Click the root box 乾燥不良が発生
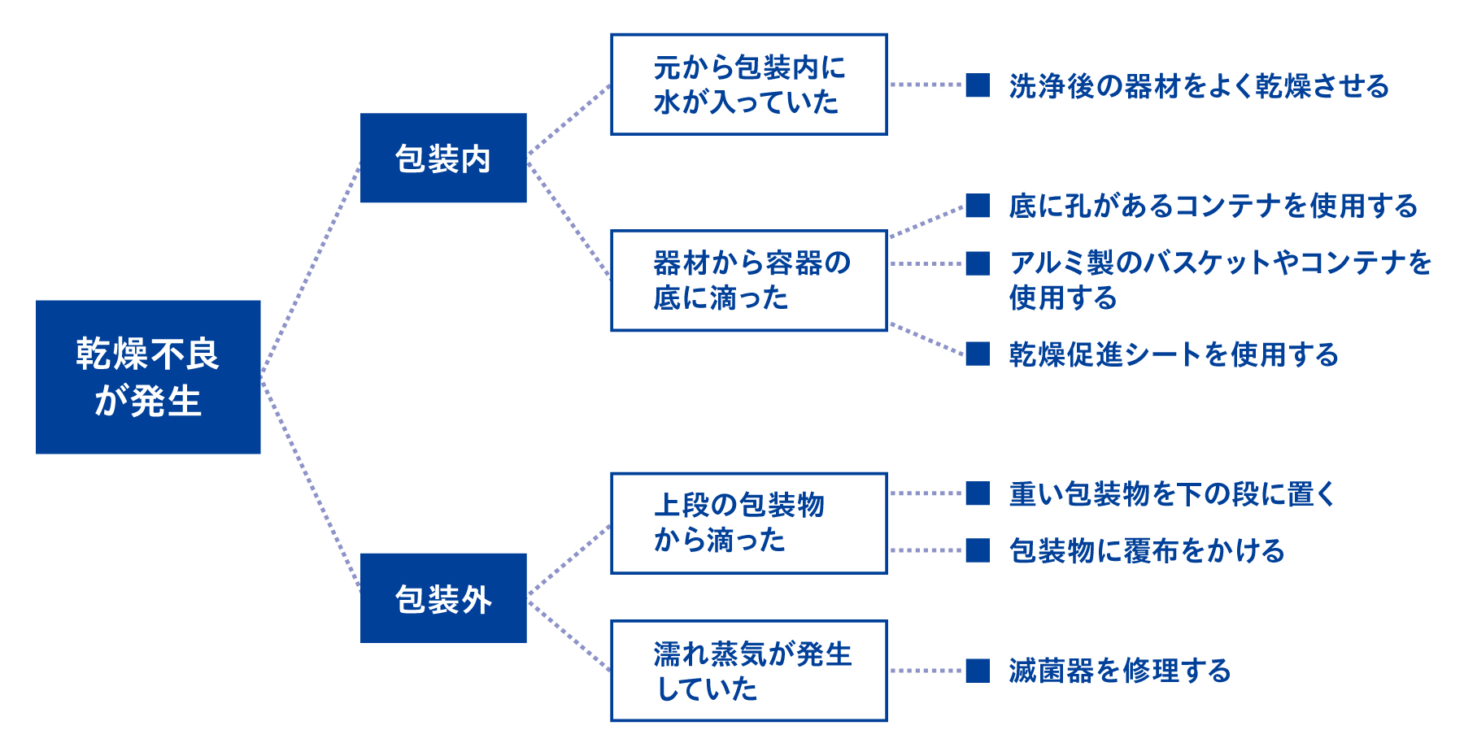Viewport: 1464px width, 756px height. click(x=148, y=377)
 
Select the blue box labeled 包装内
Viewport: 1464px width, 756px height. click(x=443, y=158)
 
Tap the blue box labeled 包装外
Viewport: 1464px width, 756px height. click(x=443, y=598)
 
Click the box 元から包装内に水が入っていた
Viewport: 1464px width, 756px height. click(x=748, y=85)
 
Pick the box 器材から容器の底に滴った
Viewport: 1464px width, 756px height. click(x=748, y=280)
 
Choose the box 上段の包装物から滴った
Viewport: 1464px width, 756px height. click(x=748, y=524)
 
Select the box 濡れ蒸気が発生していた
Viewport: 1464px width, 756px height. click(x=748, y=671)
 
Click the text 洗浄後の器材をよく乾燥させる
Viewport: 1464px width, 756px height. click(x=1199, y=85)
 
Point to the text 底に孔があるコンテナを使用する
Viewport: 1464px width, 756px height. click(x=1213, y=206)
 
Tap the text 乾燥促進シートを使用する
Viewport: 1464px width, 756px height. click(x=1174, y=354)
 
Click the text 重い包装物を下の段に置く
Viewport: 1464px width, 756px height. click(x=1172, y=493)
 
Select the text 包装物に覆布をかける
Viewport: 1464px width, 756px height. click(x=1147, y=550)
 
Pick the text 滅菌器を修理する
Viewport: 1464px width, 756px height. click(x=1120, y=671)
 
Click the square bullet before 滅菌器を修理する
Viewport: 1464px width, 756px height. click(x=978, y=671)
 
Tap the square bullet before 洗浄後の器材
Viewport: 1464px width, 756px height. click(x=978, y=85)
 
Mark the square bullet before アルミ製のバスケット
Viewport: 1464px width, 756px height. click(x=978, y=263)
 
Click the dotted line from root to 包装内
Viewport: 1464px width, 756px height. click(x=311, y=268)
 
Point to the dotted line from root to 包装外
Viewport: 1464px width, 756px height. click(x=311, y=484)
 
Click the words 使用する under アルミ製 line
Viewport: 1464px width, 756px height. click(x=1063, y=298)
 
